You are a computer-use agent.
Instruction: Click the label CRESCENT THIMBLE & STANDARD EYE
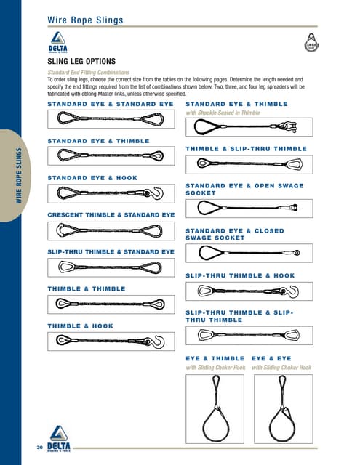click(111, 215)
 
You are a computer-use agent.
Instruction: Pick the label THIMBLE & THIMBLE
click(87, 288)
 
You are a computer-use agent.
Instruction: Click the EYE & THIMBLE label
click(215, 358)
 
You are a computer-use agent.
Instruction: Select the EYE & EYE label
click(271, 358)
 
